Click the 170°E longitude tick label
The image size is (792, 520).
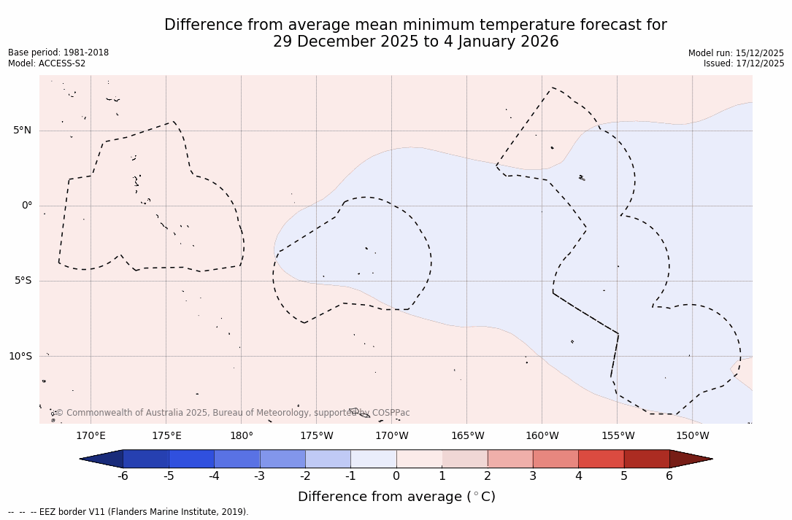click(91, 436)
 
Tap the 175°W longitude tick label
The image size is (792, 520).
click(316, 436)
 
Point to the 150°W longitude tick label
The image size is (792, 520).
click(692, 436)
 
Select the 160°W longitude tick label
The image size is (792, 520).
click(542, 436)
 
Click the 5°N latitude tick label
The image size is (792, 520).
click(22, 131)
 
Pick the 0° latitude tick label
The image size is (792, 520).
click(27, 206)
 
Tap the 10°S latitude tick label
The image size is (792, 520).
click(20, 356)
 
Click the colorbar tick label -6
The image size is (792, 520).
click(123, 476)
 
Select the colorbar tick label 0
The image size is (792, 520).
click(396, 476)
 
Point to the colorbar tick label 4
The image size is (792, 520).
click(578, 476)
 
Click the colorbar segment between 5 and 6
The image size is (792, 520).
click(647, 459)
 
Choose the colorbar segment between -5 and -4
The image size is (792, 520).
click(191, 459)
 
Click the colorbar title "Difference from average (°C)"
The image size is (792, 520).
click(396, 497)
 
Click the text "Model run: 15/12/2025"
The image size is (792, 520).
click(736, 53)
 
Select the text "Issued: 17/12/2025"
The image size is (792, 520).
click(744, 63)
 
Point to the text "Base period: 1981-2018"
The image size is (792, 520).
click(58, 53)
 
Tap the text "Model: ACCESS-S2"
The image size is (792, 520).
click(47, 63)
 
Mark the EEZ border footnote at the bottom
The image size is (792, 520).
click(128, 512)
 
